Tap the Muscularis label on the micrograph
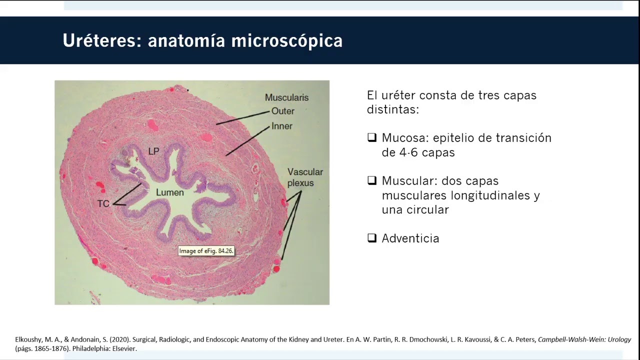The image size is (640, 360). (286, 97)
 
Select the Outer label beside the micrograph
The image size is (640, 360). (282, 111)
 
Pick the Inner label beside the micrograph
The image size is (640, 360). (281, 126)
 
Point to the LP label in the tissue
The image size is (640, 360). (153, 151)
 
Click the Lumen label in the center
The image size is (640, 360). (169, 192)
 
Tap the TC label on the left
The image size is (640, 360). (103, 204)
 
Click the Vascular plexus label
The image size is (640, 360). (304, 177)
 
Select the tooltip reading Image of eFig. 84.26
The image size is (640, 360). (206, 251)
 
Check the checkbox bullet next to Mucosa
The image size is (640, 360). (371, 137)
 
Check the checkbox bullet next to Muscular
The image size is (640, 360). (371, 180)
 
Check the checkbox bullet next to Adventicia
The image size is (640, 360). (371, 238)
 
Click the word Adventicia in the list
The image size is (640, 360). (410, 238)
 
